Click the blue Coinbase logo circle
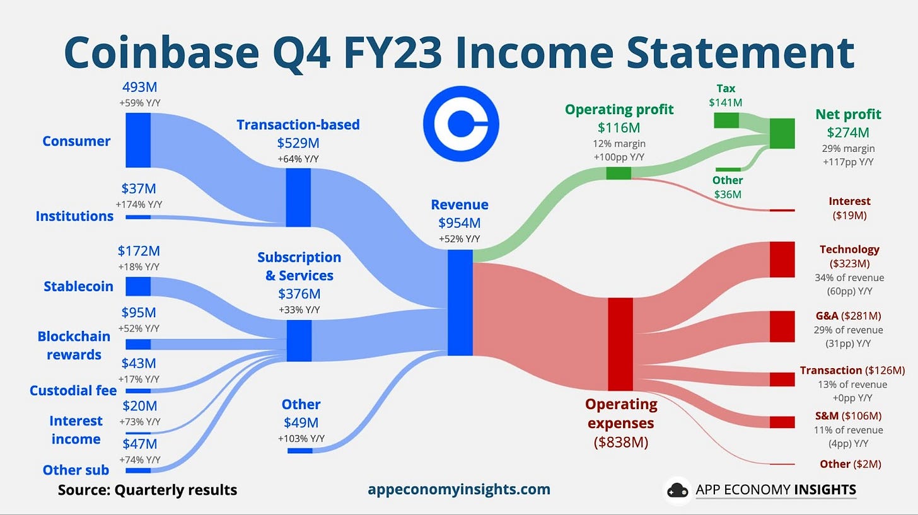[461, 124]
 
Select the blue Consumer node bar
[138, 140]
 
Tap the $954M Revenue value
[459, 223]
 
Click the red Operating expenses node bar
[620, 344]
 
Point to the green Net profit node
[782, 134]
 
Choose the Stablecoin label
[78, 286]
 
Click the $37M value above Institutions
[139, 188]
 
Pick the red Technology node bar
[782, 259]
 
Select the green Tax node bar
[726, 120]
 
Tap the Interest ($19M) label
[849, 208]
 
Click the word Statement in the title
[740, 52]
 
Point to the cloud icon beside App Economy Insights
[677, 490]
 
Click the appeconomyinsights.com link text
[459, 489]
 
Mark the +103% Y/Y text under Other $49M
[301, 438]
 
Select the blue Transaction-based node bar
[298, 197]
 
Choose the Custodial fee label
[73, 390]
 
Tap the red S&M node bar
[782, 422]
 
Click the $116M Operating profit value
[619, 128]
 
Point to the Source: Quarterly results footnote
[148, 490]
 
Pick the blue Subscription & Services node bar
[299, 341]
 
